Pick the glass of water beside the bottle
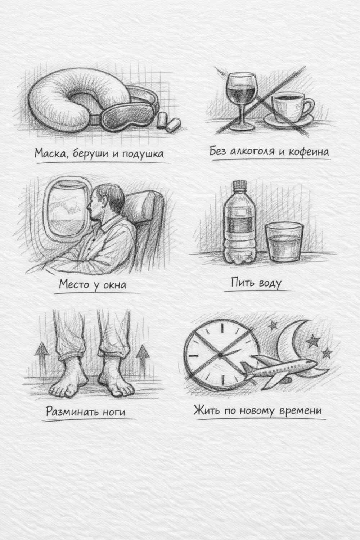click(284, 242)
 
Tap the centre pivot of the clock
click(220, 355)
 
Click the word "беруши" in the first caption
click(91, 153)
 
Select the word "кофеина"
click(309, 152)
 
